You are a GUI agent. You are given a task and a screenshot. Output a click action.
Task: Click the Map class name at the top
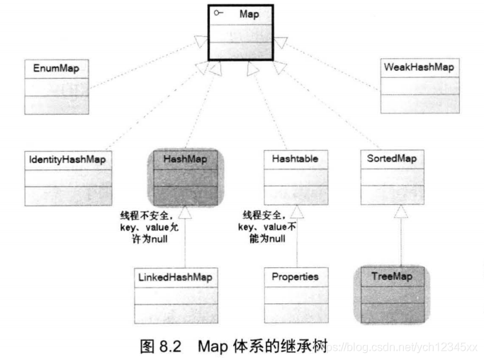(249, 14)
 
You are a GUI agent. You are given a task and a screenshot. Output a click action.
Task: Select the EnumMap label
(53, 69)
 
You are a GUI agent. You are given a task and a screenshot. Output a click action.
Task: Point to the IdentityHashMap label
(68, 159)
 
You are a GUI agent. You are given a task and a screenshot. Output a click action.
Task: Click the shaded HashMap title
(185, 159)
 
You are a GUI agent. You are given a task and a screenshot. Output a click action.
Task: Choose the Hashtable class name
(295, 159)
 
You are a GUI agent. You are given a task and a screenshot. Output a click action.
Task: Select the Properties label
(295, 276)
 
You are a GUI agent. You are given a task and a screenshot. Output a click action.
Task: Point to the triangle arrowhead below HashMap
(184, 212)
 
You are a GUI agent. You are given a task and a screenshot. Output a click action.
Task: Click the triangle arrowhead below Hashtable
(296, 212)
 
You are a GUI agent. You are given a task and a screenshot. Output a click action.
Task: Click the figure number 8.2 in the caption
(170, 346)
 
